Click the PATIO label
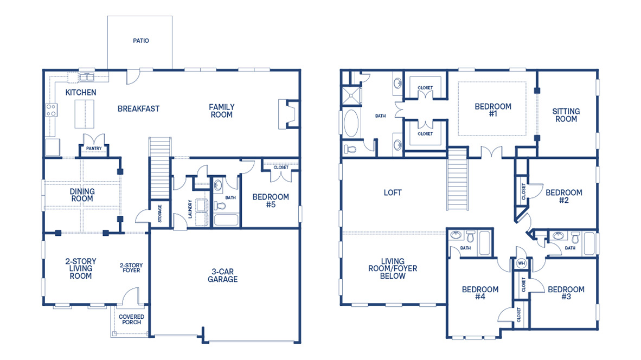tap(140, 41)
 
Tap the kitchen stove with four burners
tap(52, 110)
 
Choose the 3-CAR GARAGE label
tap(222, 275)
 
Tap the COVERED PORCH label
tap(132, 319)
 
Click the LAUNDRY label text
tap(190, 209)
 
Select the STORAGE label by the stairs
tap(159, 213)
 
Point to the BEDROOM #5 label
tap(271, 201)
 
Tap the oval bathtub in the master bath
tap(352, 123)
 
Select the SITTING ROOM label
tap(566, 115)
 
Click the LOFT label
tap(393, 192)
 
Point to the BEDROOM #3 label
tap(566, 293)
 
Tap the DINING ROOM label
tap(82, 195)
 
